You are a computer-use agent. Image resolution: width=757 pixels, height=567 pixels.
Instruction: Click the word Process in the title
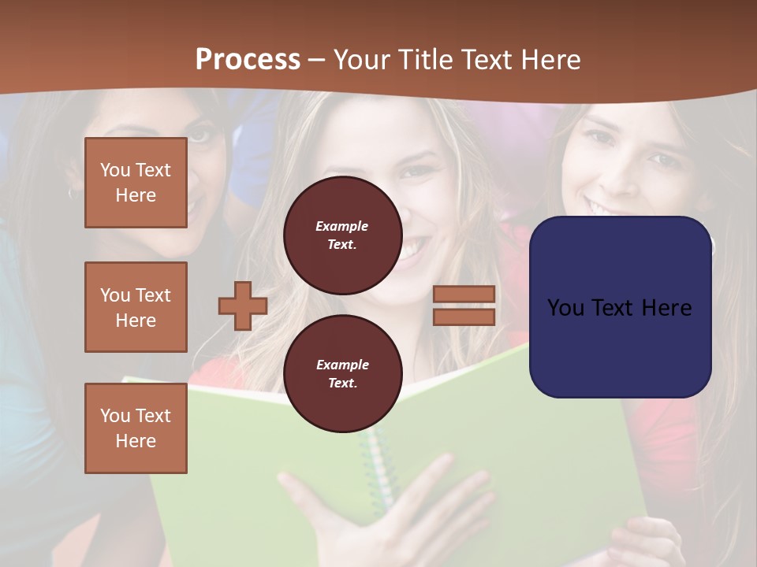(x=248, y=60)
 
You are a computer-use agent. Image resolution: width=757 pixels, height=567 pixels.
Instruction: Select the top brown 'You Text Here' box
(x=136, y=183)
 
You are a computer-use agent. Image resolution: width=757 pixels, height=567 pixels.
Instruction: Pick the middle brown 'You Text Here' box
(x=136, y=307)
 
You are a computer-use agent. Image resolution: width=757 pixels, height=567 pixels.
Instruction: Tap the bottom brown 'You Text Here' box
(x=136, y=428)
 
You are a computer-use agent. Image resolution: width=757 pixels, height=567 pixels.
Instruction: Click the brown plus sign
(x=243, y=306)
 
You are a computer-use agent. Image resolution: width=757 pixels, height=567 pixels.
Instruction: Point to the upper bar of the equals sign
(x=464, y=295)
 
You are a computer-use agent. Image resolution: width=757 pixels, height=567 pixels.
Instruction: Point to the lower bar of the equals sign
(x=464, y=317)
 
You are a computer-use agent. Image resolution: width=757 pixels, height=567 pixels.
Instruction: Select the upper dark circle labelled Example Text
(x=342, y=235)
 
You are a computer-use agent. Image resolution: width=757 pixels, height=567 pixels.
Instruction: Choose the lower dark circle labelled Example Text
(x=342, y=374)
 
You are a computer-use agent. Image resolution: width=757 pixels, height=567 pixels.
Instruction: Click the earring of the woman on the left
(x=72, y=192)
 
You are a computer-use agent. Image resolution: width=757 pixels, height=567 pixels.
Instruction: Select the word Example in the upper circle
(x=342, y=226)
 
